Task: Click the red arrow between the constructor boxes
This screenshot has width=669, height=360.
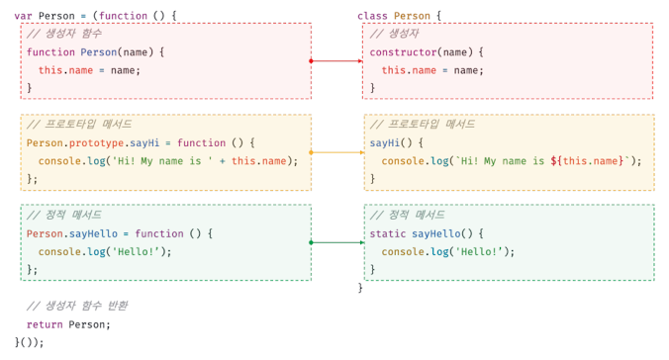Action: coord(336,61)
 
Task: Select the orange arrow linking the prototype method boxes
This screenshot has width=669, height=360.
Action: coord(337,152)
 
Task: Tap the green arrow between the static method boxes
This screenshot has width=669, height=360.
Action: coord(337,242)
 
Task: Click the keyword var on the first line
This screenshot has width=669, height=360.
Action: coord(23,16)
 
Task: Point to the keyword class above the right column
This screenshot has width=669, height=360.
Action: coord(372,16)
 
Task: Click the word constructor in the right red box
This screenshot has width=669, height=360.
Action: coord(403,52)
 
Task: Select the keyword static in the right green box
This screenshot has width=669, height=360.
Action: coord(387,233)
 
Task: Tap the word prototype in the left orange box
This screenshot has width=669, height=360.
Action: coord(96,143)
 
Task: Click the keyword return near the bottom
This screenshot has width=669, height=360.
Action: coord(45,325)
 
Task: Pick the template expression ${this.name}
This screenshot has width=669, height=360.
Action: coord(587,161)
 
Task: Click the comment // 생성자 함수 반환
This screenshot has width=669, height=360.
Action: coord(77,306)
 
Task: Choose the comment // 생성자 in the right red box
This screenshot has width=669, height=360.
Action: coord(394,34)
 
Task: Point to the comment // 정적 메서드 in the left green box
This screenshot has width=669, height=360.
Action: coord(64,215)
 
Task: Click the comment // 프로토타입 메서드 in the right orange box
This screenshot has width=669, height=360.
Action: coord(423,125)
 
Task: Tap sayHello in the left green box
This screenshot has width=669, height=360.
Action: coord(93,234)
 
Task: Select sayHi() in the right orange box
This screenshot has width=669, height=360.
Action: coord(391,143)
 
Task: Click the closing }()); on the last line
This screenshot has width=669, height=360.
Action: coord(29,342)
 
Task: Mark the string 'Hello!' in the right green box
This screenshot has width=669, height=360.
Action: coord(479,252)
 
